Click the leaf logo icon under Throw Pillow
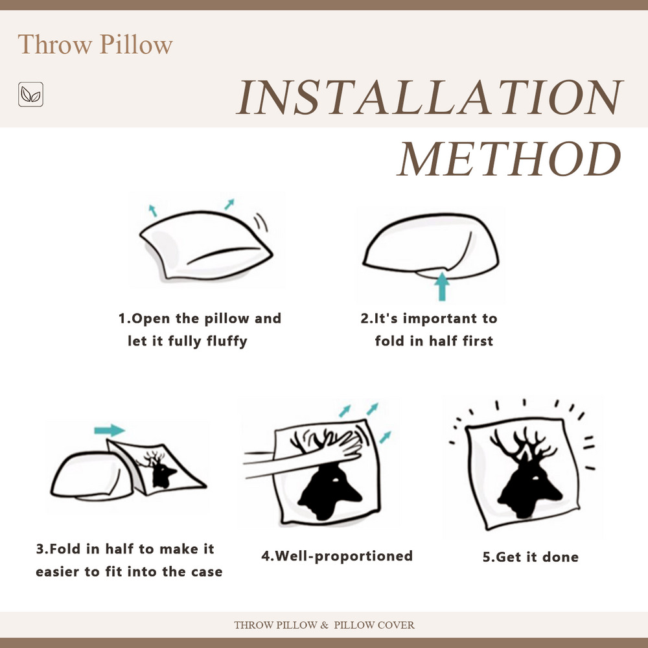click(x=30, y=95)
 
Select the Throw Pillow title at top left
click(x=95, y=45)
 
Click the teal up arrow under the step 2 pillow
click(x=442, y=286)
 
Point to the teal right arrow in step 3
click(x=109, y=430)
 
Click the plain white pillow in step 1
click(x=204, y=243)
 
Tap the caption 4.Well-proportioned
click(x=337, y=555)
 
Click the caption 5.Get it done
click(x=530, y=557)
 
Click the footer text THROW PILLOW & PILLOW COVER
click(x=324, y=625)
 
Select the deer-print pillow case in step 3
click(x=159, y=467)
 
